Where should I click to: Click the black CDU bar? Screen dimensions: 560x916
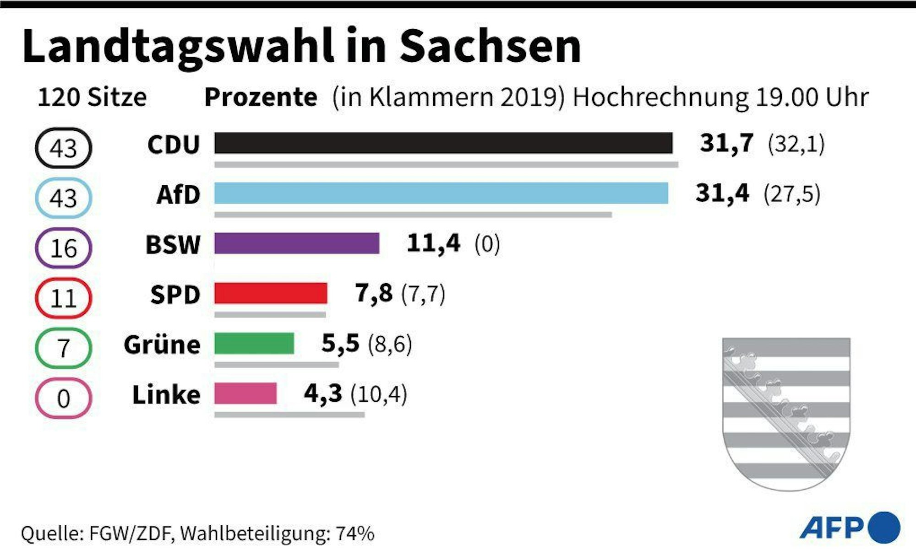(x=443, y=143)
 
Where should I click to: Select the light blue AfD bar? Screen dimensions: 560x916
(x=441, y=193)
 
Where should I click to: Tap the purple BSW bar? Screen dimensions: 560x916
(x=297, y=243)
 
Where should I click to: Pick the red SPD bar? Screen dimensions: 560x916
(x=271, y=293)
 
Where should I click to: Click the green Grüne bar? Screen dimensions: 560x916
(x=254, y=343)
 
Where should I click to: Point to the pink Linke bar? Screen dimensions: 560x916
(x=245, y=393)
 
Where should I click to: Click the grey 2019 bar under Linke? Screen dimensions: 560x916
(x=289, y=415)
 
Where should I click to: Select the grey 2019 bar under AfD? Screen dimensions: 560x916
(x=413, y=215)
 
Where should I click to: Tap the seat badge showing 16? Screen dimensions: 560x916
(x=64, y=248)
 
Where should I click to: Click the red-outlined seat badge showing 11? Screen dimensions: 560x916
(x=64, y=298)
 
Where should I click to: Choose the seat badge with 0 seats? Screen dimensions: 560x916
(x=64, y=398)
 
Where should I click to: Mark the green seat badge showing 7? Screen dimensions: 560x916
(x=64, y=348)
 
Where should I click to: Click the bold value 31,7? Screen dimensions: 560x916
(x=726, y=143)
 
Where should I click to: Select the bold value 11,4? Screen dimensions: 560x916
(x=433, y=243)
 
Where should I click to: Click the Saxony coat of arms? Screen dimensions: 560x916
(x=786, y=413)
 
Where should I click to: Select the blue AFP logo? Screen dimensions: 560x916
(x=850, y=528)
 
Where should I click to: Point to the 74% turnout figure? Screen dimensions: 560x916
(x=355, y=533)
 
